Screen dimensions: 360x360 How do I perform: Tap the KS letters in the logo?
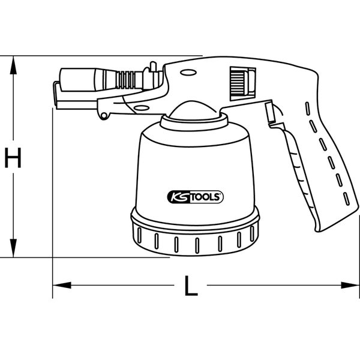coord(175,195)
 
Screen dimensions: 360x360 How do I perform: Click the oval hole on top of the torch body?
coord(187,73)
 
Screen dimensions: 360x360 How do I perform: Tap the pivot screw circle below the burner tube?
coord(104,113)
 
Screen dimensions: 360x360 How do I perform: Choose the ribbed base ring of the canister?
coord(195,240)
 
